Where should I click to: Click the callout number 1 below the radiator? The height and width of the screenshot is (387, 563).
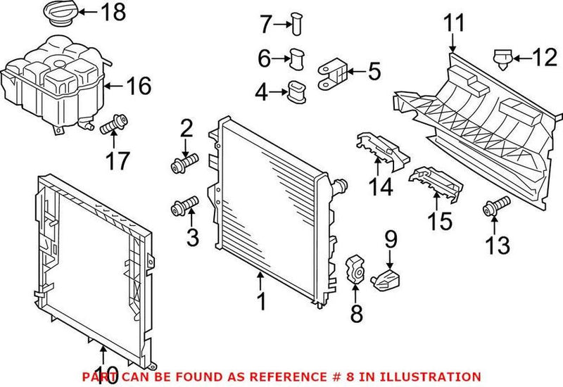(261, 302)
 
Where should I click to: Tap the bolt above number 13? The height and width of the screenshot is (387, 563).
(493, 207)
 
